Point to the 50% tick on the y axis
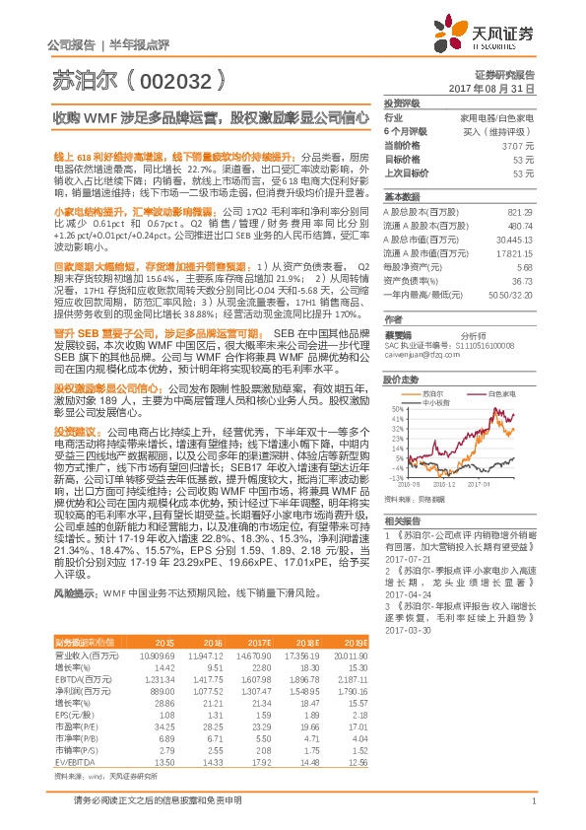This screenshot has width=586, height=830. (397, 408)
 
